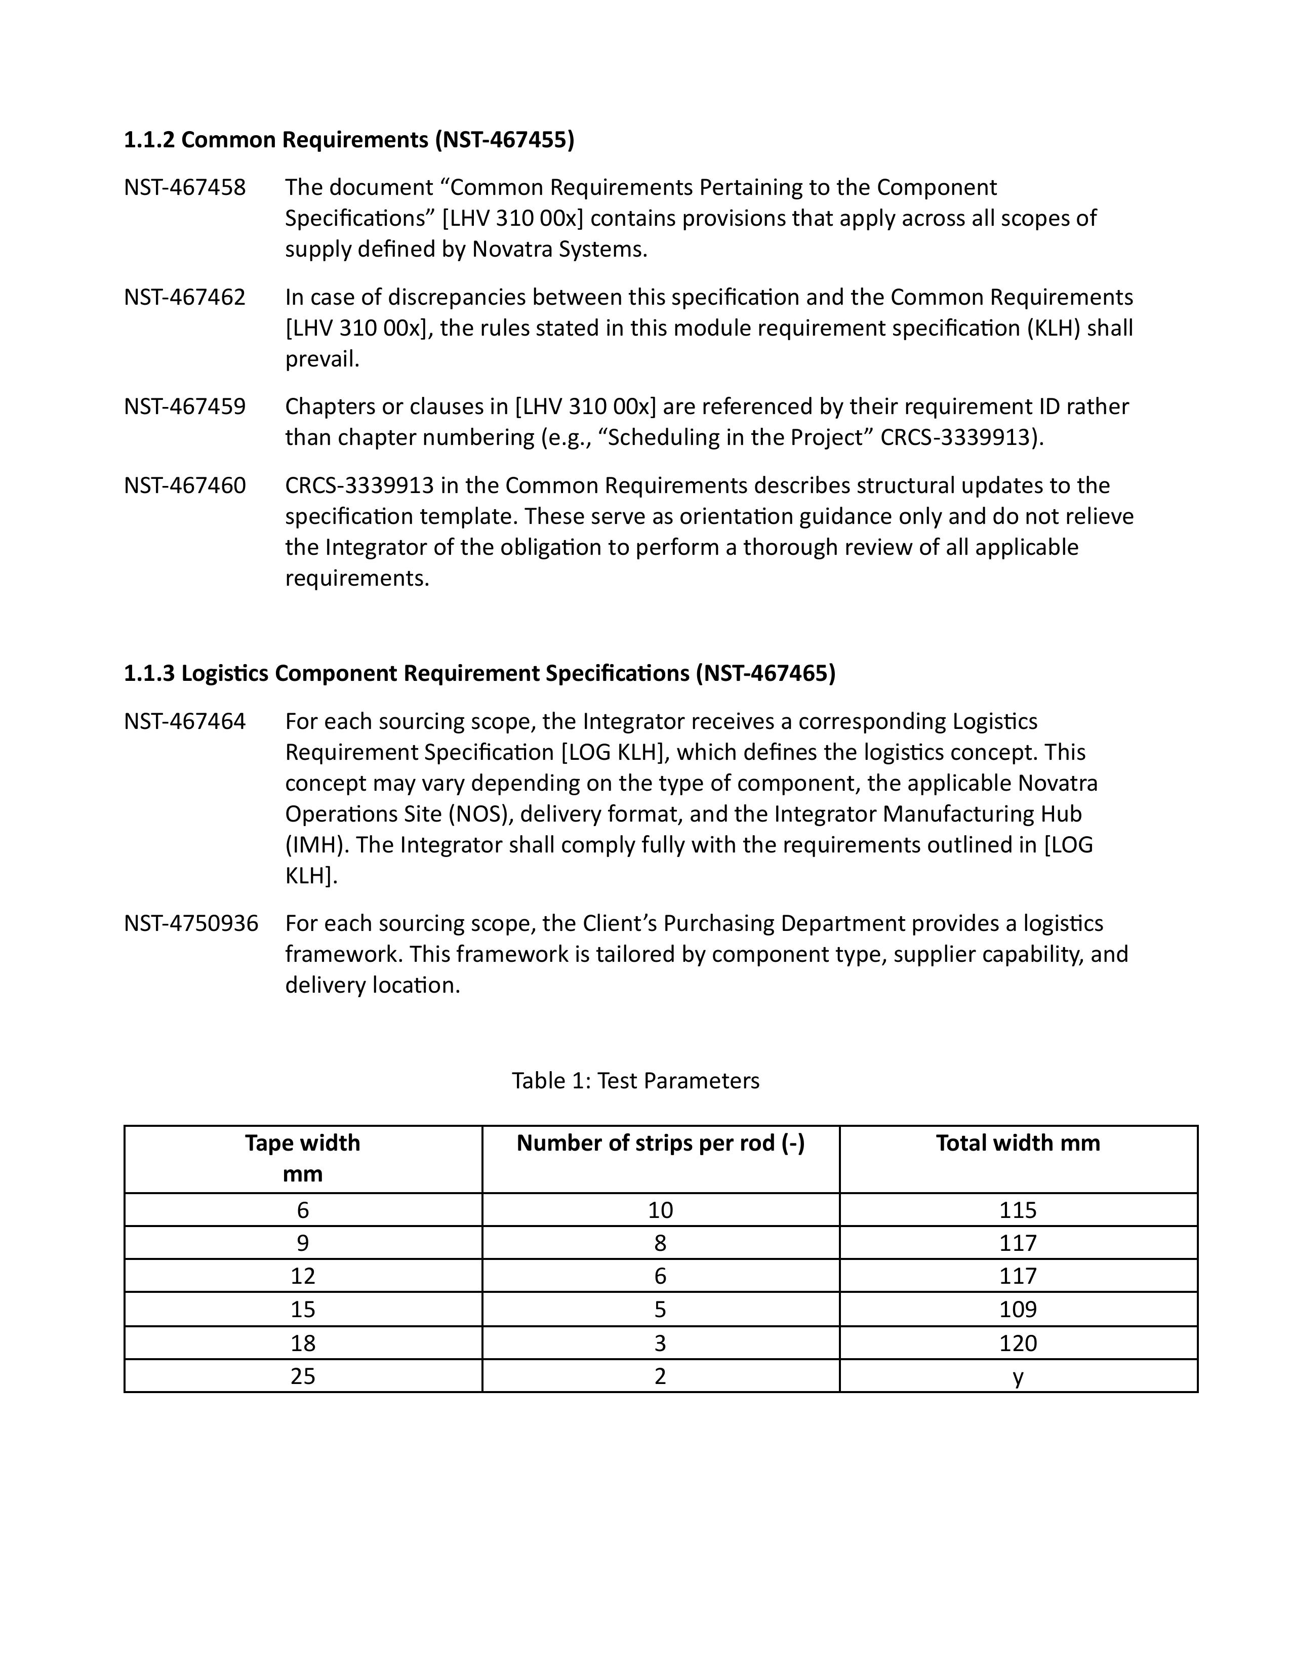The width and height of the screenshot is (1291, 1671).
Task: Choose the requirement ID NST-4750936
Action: point(191,923)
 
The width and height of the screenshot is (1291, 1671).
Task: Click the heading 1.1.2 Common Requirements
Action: point(349,140)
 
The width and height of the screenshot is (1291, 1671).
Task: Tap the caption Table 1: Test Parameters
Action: point(635,1080)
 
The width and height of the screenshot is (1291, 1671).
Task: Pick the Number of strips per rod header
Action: point(660,1143)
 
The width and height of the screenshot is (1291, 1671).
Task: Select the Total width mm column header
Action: point(1018,1143)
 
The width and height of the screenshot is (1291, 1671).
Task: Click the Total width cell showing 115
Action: point(1018,1210)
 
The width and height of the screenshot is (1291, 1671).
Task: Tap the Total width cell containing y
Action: point(1018,1376)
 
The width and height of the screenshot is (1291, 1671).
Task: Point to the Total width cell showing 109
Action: point(1018,1309)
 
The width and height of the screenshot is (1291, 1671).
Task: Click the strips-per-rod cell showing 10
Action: point(660,1210)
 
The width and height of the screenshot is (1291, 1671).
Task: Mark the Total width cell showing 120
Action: point(1018,1343)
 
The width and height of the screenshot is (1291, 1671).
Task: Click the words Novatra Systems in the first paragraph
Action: point(558,250)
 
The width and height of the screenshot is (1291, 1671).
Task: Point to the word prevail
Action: point(322,359)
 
